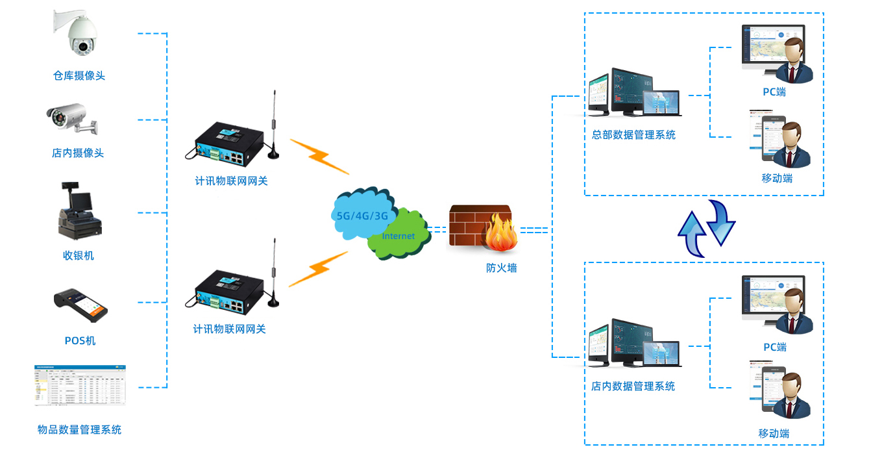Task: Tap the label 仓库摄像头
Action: (x=79, y=75)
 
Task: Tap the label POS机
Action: (x=80, y=340)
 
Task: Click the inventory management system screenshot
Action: (x=80, y=385)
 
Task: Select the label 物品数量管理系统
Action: (x=79, y=429)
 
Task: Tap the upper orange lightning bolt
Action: (x=319, y=156)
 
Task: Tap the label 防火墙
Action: (x=501, y=267)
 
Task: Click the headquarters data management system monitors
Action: (x=633, y=94)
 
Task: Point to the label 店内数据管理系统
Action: (x=633, y=386)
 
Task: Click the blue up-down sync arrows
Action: (x=706, y=228)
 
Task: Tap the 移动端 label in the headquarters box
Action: (x=777, y=178)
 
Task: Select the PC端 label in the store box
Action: (x=774, y=347)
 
